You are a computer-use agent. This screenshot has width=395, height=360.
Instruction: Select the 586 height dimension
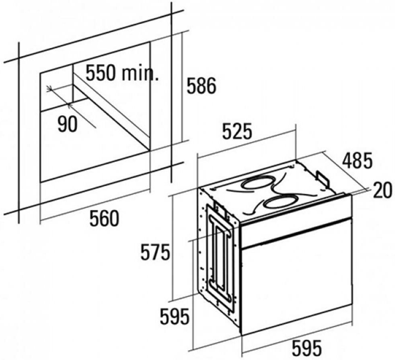tap(201, 86)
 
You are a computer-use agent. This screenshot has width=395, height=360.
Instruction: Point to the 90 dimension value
tap(67, 125)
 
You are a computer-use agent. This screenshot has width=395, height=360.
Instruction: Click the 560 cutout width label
tap(104, 218)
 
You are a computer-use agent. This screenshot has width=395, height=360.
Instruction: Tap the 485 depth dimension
tap(357, 160)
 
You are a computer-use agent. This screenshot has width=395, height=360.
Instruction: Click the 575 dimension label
tap(156, 252)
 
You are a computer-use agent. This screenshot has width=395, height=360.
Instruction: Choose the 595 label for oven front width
tap(306, 348)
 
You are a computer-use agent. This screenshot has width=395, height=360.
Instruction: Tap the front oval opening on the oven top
tap(282, 202)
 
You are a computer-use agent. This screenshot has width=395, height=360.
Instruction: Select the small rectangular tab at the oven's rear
tap(323, 179)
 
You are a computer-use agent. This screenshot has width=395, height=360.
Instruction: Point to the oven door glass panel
tap(296, 284)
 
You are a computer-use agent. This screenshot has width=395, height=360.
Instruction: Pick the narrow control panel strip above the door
tap(296, 230)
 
